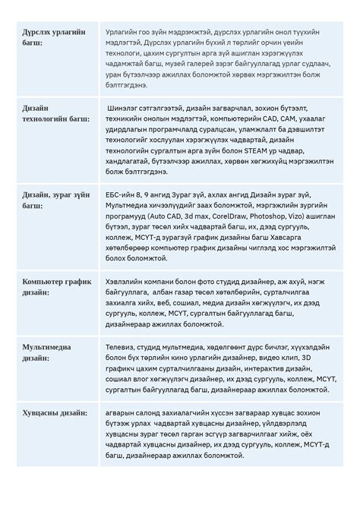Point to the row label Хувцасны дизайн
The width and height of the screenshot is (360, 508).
coord(52,415)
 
